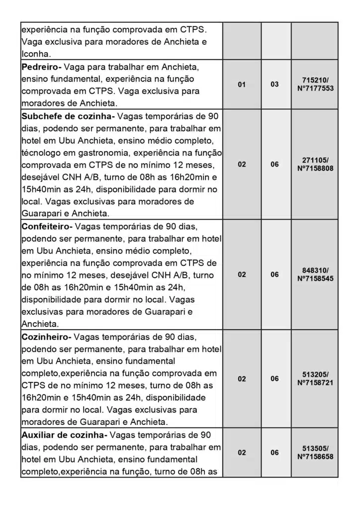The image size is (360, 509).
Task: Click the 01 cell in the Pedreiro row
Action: click(x=242, y=85)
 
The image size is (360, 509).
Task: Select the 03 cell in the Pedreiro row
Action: click(x=274, y=85)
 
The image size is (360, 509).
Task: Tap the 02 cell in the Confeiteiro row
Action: click(x=242, y=274)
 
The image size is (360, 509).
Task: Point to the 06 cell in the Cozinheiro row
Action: click(x=274, y=379)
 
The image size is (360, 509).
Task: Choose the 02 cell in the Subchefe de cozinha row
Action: click(x=242, y=165)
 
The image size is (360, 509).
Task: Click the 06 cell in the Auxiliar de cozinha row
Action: click(x=274, y=452)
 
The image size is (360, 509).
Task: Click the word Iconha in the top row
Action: click(x=36, y=54)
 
